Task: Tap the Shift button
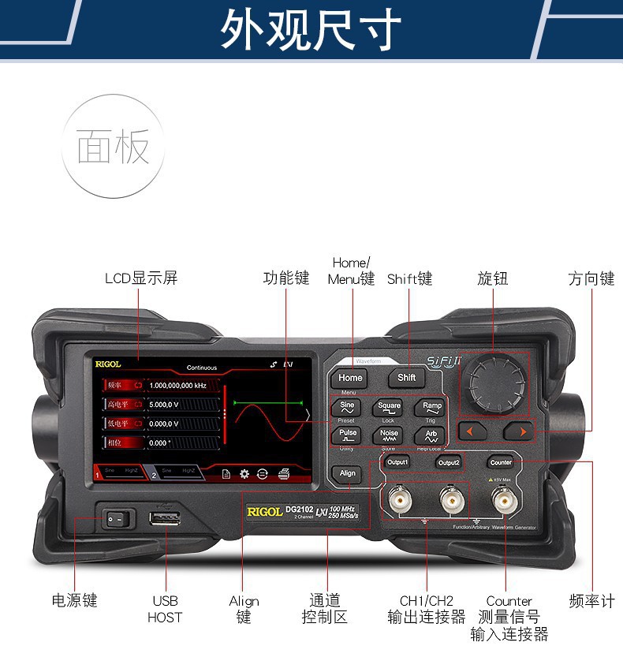tap(406, 377)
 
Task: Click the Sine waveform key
tap(347, 408)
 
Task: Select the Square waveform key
tap(389, 408)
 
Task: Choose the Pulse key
tap(347, 435)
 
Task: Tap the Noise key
tap(389, 435)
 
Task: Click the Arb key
tap(431, 435)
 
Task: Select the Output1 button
tap(397, 462)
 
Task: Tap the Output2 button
tap(449, 462)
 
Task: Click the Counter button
tap(500, 462)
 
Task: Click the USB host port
tap(166, 518)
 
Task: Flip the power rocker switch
tap(117, 519)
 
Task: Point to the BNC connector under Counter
tap(502, 500)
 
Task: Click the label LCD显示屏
tap(141, 278)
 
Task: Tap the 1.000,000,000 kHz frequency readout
tap(177, 385)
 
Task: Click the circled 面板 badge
tap(114, 147)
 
